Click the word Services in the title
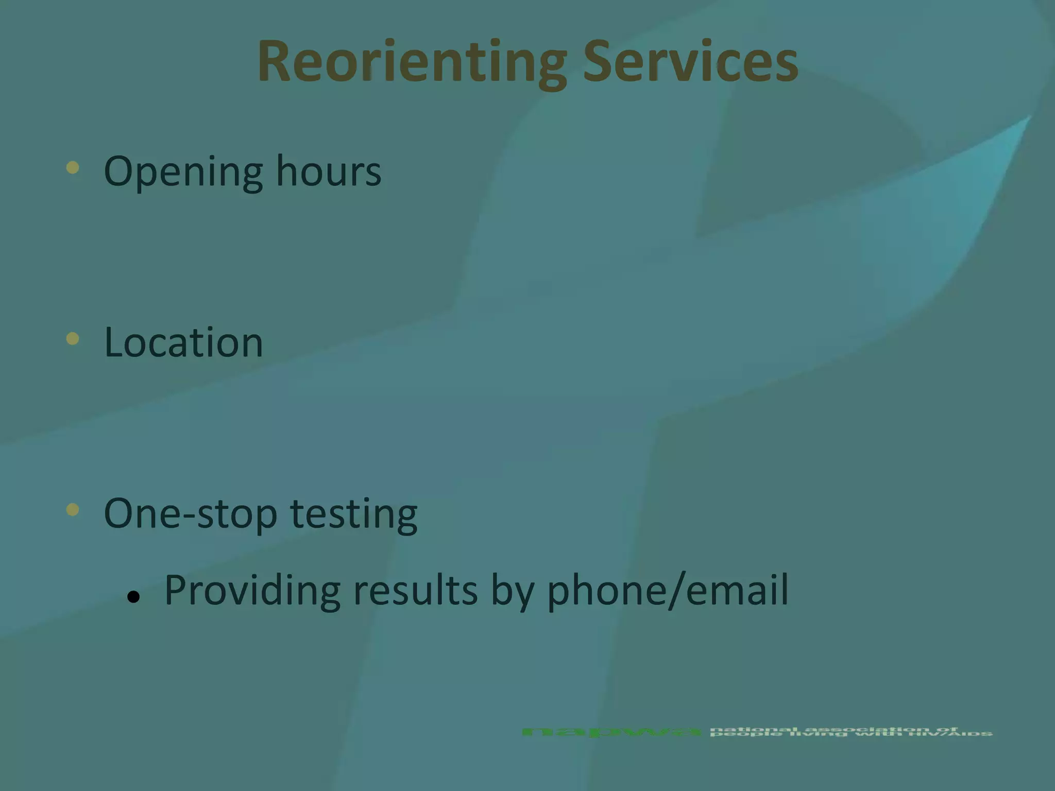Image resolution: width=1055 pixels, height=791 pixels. pos(690,62)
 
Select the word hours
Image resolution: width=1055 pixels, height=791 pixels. pos(329,171)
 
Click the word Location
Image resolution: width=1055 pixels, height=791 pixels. pos(183,342)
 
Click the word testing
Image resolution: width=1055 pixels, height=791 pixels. pos(354,514)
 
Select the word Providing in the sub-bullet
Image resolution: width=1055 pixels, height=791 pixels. pos(252,591)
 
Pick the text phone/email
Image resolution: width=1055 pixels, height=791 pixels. pos(668,591)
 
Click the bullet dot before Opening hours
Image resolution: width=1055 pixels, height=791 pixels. pos(73,167)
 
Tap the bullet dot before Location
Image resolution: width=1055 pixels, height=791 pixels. pos(73,338)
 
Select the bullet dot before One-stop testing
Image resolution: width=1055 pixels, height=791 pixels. pos(73,509)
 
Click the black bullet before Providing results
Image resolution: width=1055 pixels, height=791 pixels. pos(133,597)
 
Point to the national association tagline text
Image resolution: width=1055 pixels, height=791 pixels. pos(850,732)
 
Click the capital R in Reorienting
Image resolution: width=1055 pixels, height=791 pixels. pos(278,62)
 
